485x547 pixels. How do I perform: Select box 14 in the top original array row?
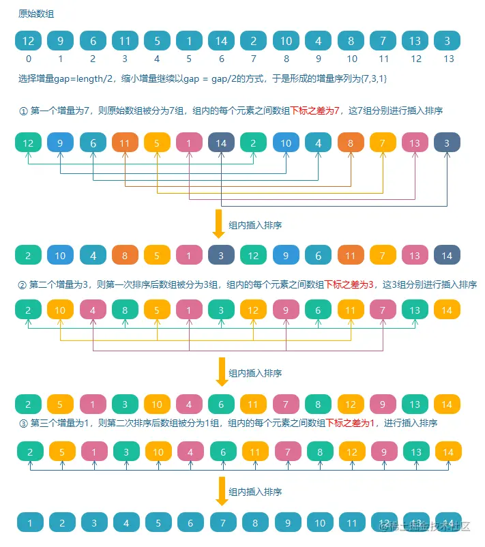(x=221, y=41)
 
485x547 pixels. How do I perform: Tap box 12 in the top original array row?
(x=28, y=41)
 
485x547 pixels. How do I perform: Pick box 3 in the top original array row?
(x=447, y=41)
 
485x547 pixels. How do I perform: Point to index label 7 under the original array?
(x=253, y=59)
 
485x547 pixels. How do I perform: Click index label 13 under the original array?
(x=447, y=59)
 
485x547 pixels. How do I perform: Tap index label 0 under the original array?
(x=28, y=59)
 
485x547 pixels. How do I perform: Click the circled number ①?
(x=23, y=110)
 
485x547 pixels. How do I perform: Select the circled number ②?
(x=23, y=284)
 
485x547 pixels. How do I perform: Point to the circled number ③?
(x=23, y=423)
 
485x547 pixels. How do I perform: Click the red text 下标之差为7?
(x=314, y=110)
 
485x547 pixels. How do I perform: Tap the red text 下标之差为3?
(x=349, y=284)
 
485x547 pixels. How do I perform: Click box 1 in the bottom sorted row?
(x=29, y=524)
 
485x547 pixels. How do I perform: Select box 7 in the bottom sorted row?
(x=221, y=524)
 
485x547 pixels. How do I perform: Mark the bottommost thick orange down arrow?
(x=220, y=491)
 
